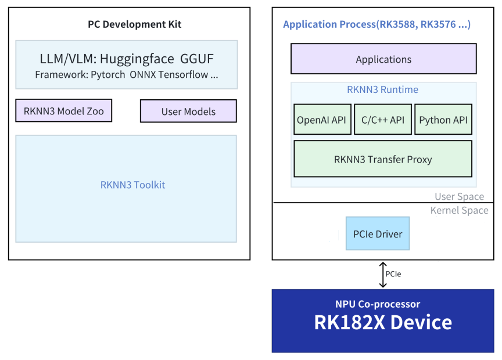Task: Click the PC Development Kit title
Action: pyautogui.click(x=134, y=24)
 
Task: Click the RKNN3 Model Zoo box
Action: pyautogui.click(x=64, y=110)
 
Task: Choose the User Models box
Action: pyautogui.click(x=188, y=111)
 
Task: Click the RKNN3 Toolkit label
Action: pyautogui.click(x=132, y=185)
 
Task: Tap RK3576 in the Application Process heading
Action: pyautogui.click(x=439, y=24)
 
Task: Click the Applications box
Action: pyautogui.click(x=383, y=59)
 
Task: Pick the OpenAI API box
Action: pyautogui.click(x=322, y=120)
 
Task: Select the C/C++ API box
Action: pyautogui.click(x=382, y=120)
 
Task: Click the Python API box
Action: pyautogui.click(x=443, y=120)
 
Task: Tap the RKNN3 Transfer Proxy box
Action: pyautogui.click(x=382, y=159)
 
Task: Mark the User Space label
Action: pyautogui.click(x=459, y=197)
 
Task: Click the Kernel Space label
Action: pyautogui.click(x=459, y=210)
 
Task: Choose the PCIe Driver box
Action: pyautogui.click(x=378, y=234)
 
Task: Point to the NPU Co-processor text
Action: pyautogui.click(x=377, y=304)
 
